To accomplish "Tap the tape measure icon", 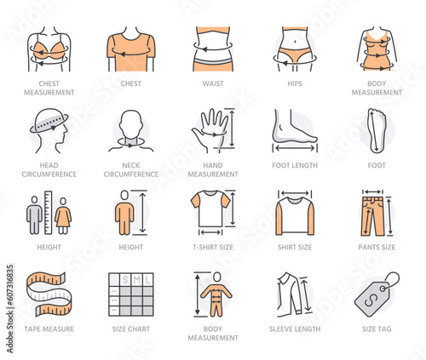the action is coord(49,294).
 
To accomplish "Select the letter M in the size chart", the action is coord(137,280).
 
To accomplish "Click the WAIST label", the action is coord(213,83).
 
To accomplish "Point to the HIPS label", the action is coord(295,83).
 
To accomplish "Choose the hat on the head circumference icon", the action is coord(49,120).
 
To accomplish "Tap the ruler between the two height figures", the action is coord(49,213).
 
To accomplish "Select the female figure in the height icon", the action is coord(63,215).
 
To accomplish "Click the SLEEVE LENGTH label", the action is coord(295,329).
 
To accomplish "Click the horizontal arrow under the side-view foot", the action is coord(295,148).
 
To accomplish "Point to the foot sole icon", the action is coord(377,130).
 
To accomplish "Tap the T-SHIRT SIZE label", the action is coord(213,248).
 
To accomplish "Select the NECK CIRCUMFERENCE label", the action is coord(131,169).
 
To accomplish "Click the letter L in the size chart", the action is coord(148,280).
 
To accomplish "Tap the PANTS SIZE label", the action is coord(377,248).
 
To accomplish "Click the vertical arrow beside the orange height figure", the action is coord(142,213).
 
